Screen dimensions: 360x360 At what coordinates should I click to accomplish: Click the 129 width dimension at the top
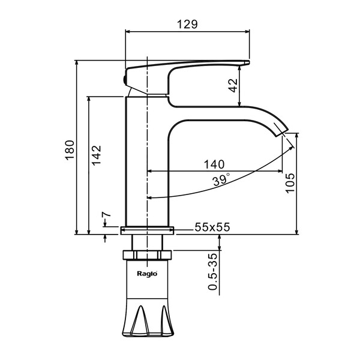tap(188, 24)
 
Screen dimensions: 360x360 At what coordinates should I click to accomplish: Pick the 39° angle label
tap(220, 180)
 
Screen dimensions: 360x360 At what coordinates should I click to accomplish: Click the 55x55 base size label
tap(212, 227)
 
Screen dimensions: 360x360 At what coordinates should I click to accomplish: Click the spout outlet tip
tap(283, 131)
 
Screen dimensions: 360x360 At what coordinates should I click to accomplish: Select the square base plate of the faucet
tap(147, 229)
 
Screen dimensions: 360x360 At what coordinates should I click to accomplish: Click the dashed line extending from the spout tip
tap(290, 142)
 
